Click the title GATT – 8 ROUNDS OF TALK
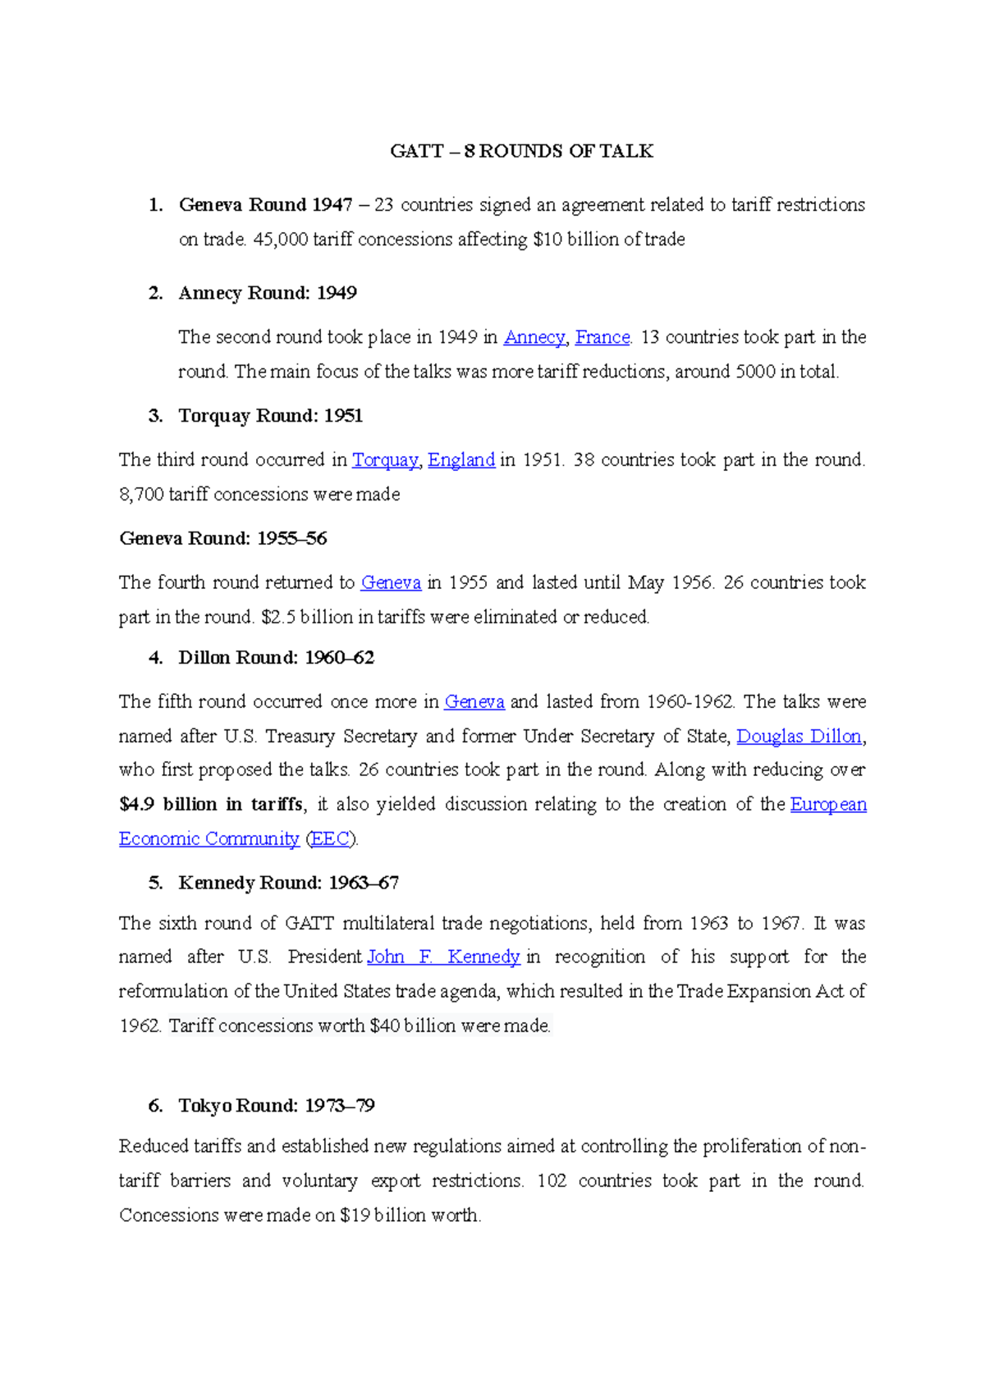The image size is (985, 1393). coord(521,151)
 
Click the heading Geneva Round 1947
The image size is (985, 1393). coord(265,204)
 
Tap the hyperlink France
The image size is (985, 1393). coord(602,337)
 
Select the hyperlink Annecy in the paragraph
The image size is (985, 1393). coord(534,337)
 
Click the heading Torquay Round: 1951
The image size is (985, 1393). coord(270,416)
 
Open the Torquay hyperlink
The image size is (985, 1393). coord(385,460)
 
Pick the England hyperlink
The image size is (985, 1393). coord(461,460)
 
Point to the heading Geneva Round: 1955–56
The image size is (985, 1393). coord(223,539)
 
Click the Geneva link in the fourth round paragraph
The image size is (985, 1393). coord(391,582)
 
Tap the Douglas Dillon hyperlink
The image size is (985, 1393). coord(799,737)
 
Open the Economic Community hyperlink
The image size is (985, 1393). coord(208,839)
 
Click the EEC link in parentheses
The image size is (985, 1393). coord(330,839)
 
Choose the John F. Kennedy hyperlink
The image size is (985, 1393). coord(443,957)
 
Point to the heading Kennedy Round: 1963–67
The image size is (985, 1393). coord(288,884)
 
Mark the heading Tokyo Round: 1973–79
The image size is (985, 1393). coord(276,1106)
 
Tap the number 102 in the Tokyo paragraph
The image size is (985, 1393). coord(552,1181)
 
